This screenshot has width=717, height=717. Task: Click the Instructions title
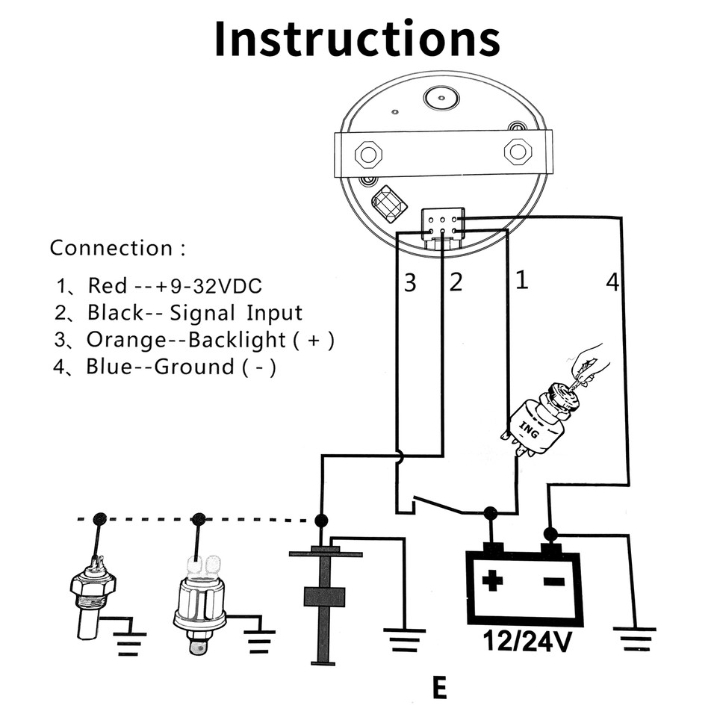click(357, 39)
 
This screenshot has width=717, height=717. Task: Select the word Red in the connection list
click(102, 285)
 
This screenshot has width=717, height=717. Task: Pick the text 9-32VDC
click(217, 285)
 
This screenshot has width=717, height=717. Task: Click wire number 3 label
click(410, 282)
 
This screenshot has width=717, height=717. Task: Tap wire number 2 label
click(455, 282)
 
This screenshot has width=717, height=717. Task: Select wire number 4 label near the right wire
click(612, 282)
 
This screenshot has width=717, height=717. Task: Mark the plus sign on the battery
click(492, 580)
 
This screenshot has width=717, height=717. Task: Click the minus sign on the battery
click(553, 580)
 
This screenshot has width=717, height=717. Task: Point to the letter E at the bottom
click(439, 688)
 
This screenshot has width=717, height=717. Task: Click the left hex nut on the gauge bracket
click(367, 155)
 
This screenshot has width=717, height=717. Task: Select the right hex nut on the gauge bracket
click(518, 152)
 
